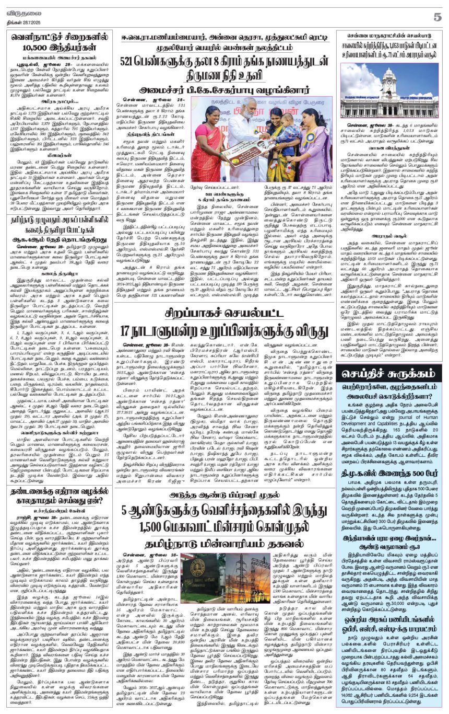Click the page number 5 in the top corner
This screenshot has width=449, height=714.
[x=437, y=17]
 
